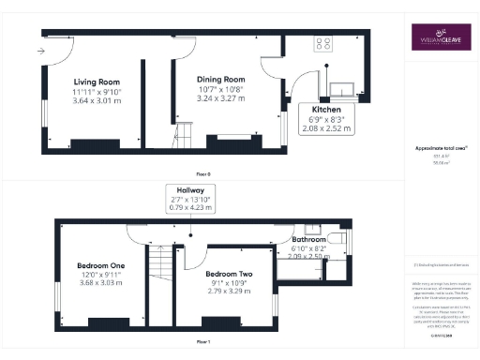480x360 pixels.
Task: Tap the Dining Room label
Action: [x=220, y=81]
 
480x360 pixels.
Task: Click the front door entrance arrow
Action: [x=43, y=50]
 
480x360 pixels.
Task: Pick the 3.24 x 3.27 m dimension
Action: [x=220, y=97]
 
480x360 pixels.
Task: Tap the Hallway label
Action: [x=190, y=190]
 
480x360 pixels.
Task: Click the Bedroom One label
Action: [x=100, y=265]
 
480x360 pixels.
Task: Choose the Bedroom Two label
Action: [x=229, y=274]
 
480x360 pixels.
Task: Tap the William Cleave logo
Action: [x=438, y=40]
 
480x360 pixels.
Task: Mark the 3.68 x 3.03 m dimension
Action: [x=100, y=283]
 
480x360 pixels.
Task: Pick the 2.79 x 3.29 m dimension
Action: [x=229, y=292]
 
